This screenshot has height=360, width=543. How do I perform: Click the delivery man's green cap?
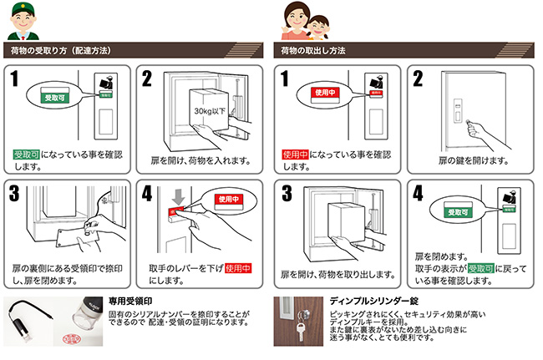tap(23, 8)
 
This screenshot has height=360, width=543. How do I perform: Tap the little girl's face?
tap(318, 26)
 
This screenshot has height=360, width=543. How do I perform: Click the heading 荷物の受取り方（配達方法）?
tap(61, 51)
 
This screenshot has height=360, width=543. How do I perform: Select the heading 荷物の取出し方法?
tap(313, 51)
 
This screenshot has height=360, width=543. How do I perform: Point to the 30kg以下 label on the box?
tap(210, 111)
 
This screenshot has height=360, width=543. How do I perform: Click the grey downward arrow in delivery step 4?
tap(178, 197)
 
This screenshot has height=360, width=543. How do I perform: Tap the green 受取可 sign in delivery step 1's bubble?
tap(54, 98)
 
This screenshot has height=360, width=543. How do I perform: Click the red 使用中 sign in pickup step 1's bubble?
tap(325, 93)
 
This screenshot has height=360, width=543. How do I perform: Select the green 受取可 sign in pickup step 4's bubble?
tap(458, 212)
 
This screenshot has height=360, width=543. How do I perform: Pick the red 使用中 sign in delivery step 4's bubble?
tap(229, 199)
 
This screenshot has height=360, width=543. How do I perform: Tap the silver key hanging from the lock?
tap(300, 331)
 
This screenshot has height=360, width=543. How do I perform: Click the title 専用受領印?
tap(130, 302)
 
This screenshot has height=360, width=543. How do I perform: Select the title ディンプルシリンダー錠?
tap(374, 301)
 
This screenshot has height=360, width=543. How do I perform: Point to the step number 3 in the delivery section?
tap(14, 193)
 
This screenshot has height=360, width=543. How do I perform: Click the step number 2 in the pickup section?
tap(418, 79)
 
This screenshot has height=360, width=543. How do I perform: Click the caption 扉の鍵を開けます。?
tap(474, 160)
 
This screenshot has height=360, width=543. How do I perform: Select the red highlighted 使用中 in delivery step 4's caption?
tap(238, 268)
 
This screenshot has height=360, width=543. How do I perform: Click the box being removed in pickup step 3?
tap(347, 221)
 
